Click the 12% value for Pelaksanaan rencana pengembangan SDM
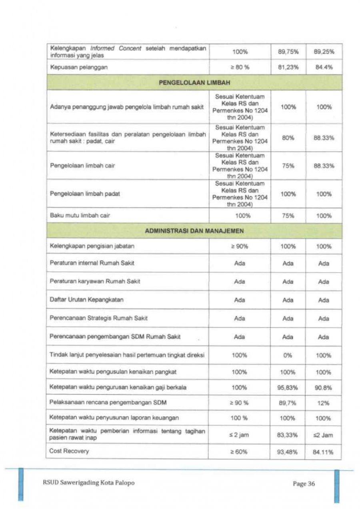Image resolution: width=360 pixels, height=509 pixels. coord(323,403)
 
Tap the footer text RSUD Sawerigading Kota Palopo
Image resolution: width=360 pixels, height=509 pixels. coord(88,483)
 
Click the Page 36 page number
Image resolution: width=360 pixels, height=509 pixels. coord(304,484)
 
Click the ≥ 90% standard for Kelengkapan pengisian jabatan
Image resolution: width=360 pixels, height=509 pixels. coord(239,247)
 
